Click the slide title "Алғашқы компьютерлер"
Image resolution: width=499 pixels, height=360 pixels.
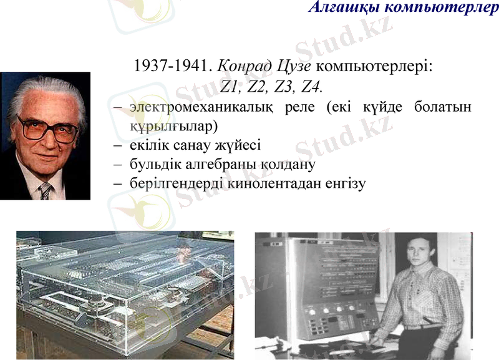pyautogui.click(x=403, y=7)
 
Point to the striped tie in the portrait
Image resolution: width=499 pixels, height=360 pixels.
pyautogui.click(x=46, y=190)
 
